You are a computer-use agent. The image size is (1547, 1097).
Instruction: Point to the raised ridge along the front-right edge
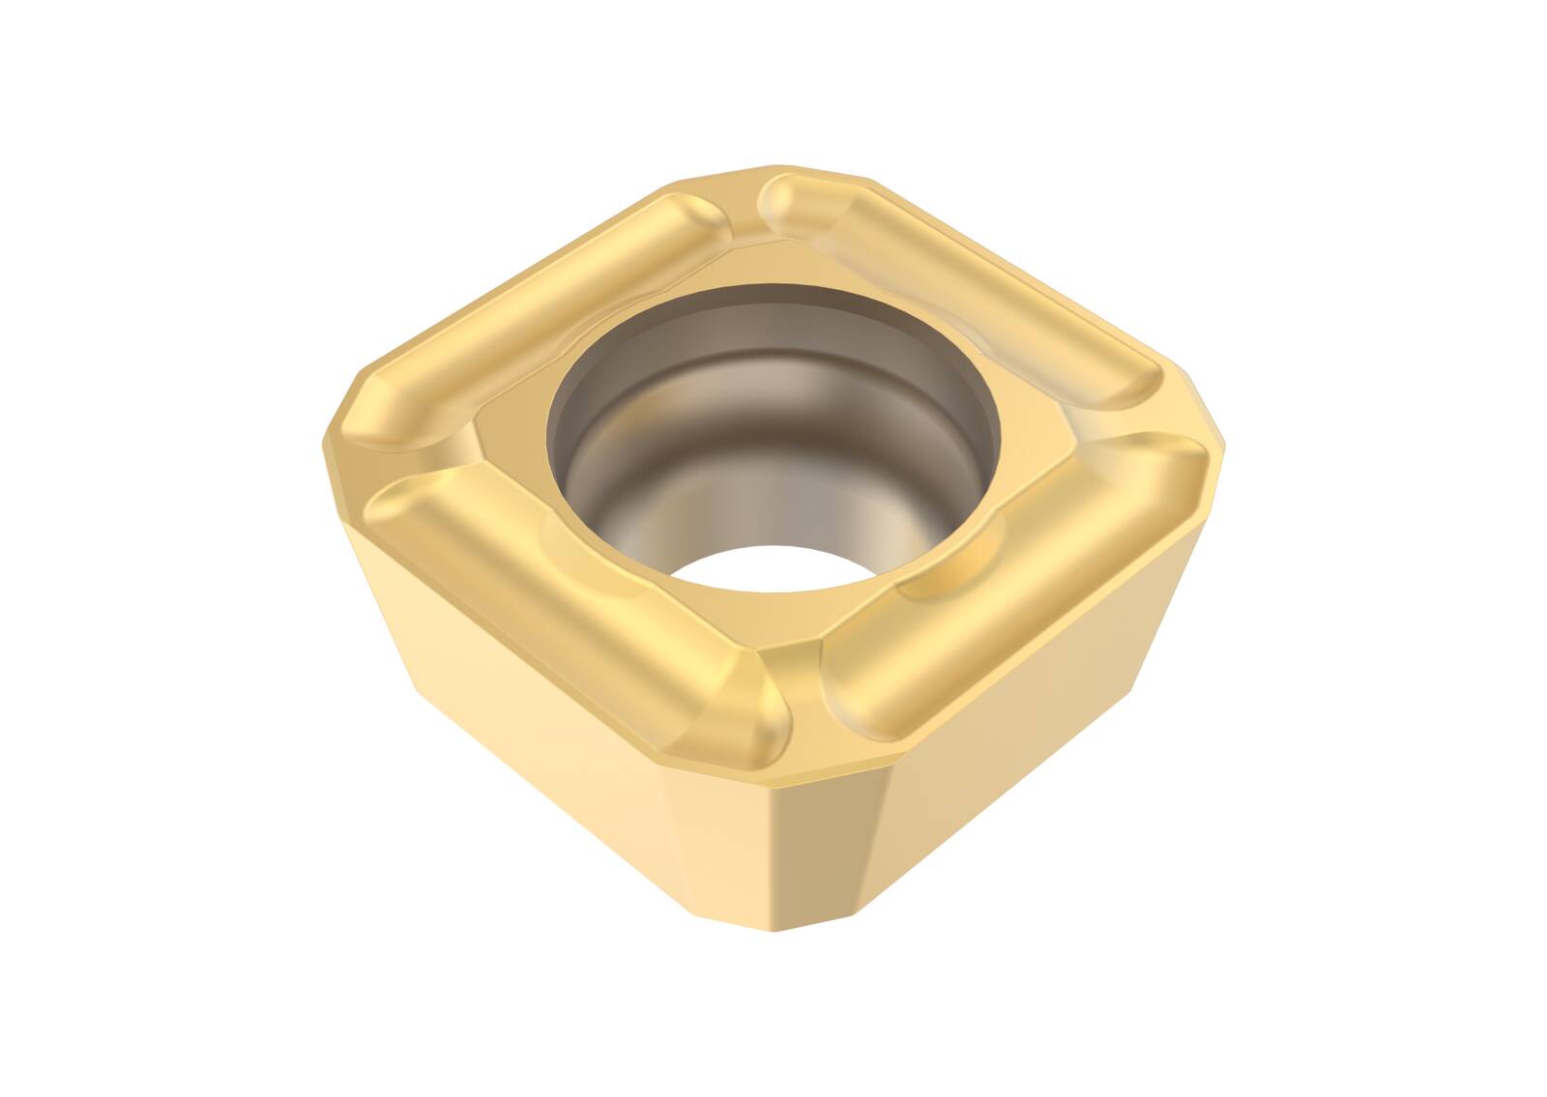tap(1015, 580)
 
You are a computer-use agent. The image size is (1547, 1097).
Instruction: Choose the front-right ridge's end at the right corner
tap(1175, 464)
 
